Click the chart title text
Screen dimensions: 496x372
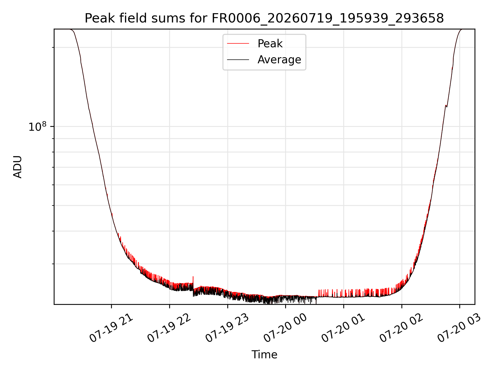(264, 18)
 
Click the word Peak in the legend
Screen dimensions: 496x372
(270, 43)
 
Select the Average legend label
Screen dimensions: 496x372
(279, 60)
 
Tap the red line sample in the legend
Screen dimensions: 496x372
(238, 44)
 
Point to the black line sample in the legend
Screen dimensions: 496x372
(238, 60)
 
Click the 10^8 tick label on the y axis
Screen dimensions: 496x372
(37, 126)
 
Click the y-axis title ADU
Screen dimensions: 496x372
(18, 167)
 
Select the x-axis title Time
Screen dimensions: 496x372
(264, 355)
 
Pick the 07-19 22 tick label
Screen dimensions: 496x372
(169, 328)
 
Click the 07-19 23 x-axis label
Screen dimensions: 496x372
(228, 328)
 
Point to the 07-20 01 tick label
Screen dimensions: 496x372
(344, 328)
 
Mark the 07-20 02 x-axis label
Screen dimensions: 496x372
(402, 328)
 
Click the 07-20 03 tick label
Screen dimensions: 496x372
(460, 328)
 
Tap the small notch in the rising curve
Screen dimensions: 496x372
(446, 106)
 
